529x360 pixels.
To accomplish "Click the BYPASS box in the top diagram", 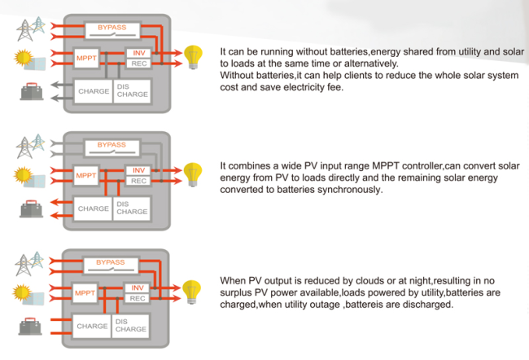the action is click(x=112, y=30).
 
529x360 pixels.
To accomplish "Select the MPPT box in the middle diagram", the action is click(x=86, y=175).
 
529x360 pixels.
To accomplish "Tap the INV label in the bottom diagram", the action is click(x=138, y=288).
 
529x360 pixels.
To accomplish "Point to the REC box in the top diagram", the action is click(x=138, y=64).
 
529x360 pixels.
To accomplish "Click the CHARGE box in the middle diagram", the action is click(x=93, y=209).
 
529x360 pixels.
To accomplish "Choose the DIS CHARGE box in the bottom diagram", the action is click(x=130, y=326).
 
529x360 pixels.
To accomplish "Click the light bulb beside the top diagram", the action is click(x=193, y=57).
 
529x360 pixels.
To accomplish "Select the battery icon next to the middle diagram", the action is click(x=32, y=209).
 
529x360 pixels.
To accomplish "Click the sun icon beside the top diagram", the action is click(x=24, y=57).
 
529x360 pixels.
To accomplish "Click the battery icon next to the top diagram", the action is click(x=32, y=91).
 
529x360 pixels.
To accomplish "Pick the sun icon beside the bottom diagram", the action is click(x=22, y=292).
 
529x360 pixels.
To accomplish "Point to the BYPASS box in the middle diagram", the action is click(x=112, y=147).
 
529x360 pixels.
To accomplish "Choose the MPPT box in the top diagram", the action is click(x=86, y=58).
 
